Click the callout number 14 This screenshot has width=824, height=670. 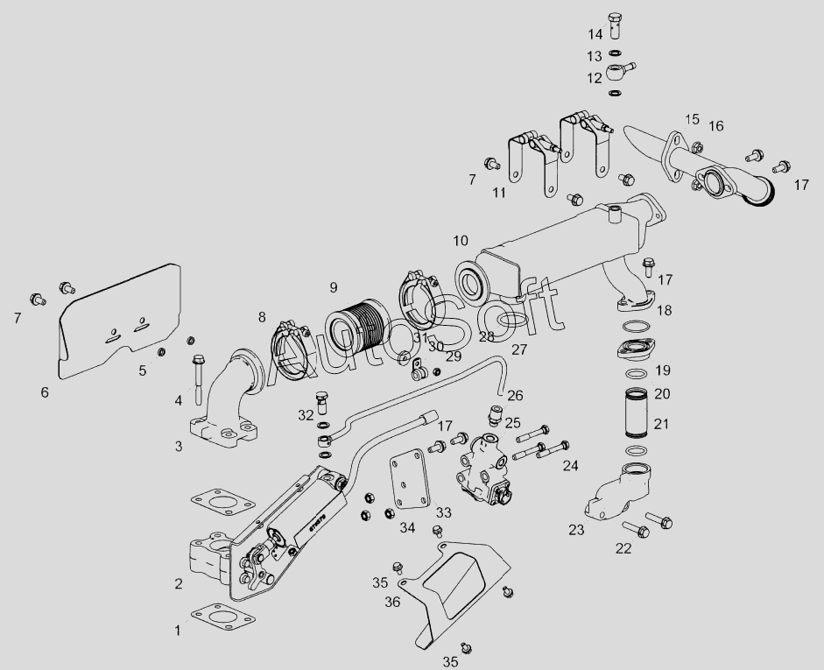tap(595, 34)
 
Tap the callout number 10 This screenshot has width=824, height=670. tap(461, 240)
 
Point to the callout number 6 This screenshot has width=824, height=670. tap(45, 392)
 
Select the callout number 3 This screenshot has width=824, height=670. tap(179, 447)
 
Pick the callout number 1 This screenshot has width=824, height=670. tap(178, 630)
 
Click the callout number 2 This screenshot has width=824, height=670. tap(179, 583)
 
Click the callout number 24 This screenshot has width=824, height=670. tap(570, 465)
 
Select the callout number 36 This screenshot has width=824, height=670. tap(391, 602)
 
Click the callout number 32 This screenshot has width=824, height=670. tap(306, 413)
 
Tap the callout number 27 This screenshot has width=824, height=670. tap(519, 349)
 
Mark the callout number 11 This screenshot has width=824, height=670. tap(498, 193)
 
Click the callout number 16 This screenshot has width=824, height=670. tap(716, 126)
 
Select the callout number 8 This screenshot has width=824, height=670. tap(261, 316)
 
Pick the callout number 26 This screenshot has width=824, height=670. tap(515, 395)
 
